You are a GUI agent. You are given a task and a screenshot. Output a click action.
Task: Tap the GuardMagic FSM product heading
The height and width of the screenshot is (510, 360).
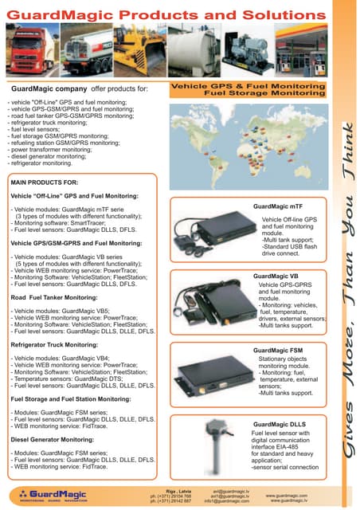click(278, 350)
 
